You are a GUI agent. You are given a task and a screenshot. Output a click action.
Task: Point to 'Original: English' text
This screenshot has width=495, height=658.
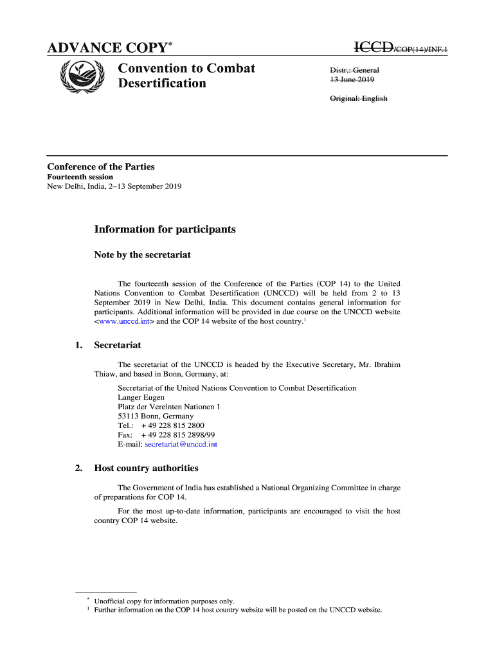click(x=359, y=98)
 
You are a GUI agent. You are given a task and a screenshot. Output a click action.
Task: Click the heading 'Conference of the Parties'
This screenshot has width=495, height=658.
click(x=101, y=167)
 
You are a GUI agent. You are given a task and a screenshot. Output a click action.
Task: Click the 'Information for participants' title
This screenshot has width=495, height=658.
click(x=165, y=229)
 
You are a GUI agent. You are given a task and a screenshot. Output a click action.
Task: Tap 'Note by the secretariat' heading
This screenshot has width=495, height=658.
click(x=142, y=255)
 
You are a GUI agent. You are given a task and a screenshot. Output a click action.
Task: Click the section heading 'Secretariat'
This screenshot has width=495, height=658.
click(x=118, y=346)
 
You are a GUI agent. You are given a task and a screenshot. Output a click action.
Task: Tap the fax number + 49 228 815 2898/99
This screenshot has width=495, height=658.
click(x=178, y=435)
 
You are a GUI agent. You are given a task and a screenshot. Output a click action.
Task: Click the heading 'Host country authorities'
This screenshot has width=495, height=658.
click(x=146, y=468)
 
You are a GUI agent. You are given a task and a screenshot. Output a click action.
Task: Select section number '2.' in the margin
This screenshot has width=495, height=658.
click(x=78, y=468)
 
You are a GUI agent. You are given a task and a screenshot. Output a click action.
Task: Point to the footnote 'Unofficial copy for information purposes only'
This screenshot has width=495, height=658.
click(x=164, y=601)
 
